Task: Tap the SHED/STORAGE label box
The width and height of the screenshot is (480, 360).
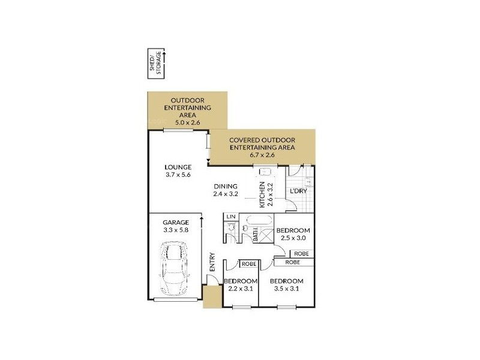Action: (x=155, y=63)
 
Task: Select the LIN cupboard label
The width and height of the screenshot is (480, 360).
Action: (x=230, y=216)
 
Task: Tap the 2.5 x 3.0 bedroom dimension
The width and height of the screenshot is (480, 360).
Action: (x=294, y=239)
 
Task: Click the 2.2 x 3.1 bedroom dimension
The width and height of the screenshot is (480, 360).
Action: (x=241, y=288)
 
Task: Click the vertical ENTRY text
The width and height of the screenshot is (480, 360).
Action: (x=212, y=262)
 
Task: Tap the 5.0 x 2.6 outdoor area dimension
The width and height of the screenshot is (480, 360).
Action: (x=187, y=122)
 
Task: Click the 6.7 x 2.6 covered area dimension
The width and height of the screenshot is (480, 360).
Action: (x=262, y=155)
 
